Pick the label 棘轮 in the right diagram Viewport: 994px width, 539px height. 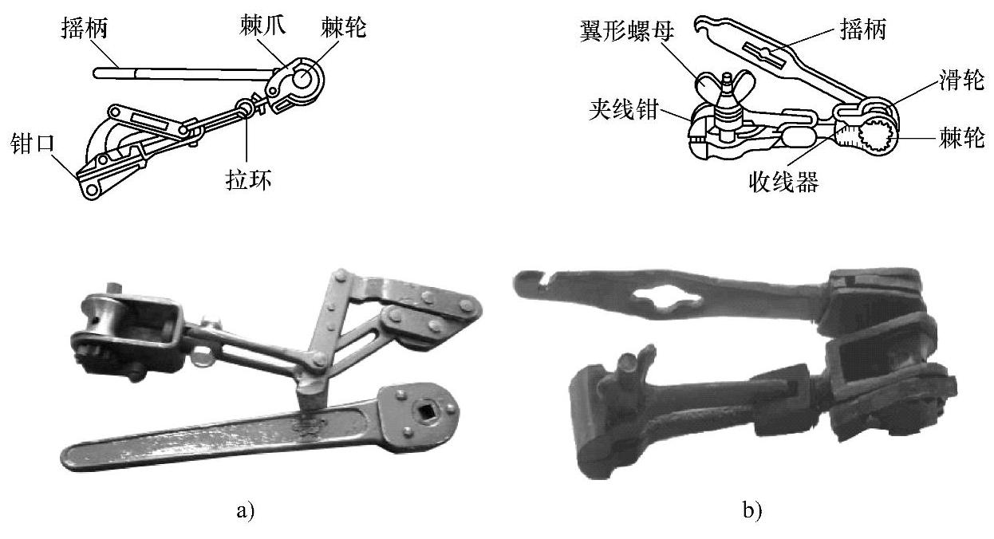click(963, 140)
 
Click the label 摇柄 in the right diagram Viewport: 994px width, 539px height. click(862, 31)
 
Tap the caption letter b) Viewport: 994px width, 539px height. click(751, 509)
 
